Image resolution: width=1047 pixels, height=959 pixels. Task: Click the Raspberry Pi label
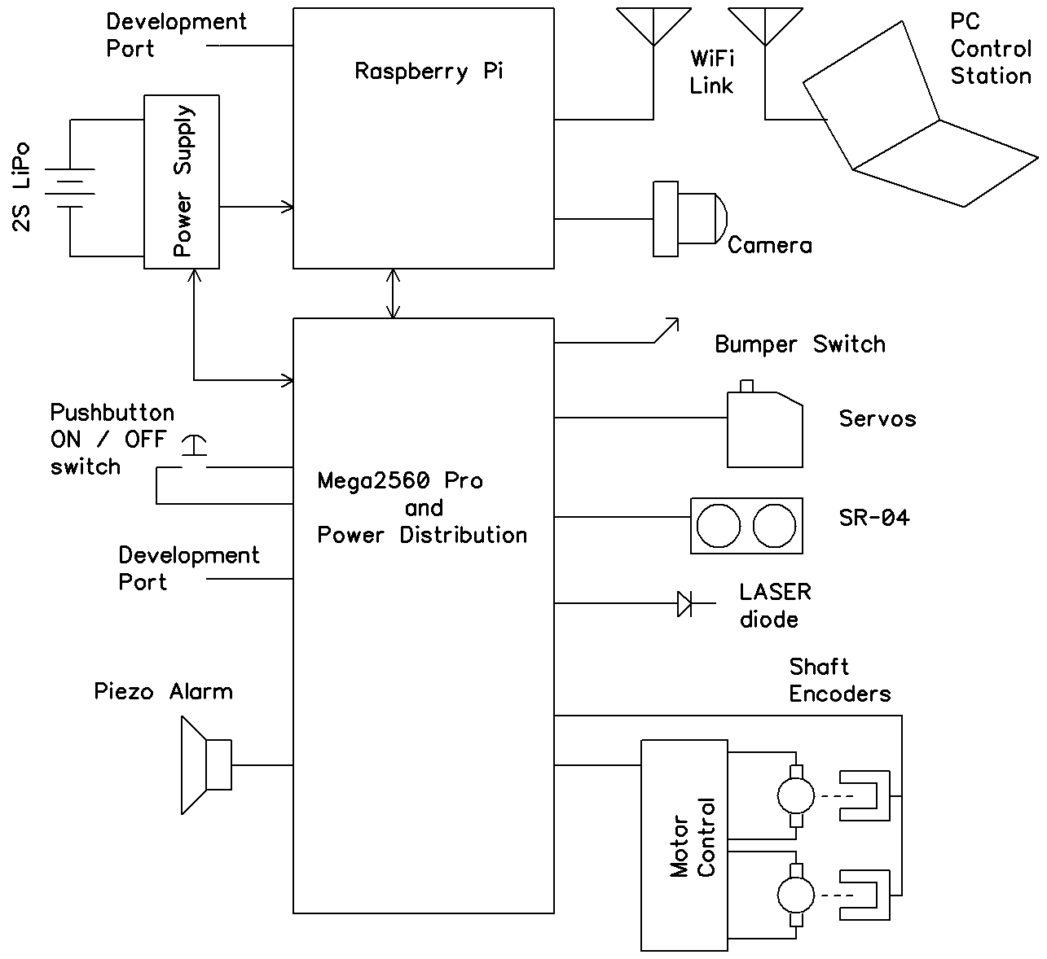click(429, 72)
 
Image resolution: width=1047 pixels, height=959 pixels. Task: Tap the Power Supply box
click(182, 182)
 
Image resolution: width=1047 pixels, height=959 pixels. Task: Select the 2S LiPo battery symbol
click(70, 188)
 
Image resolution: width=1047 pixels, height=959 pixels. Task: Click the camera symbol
click(688, 219)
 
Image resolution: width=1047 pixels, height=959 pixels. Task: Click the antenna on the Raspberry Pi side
click(653, 27)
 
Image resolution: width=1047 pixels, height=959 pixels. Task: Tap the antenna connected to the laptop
click(764, 27)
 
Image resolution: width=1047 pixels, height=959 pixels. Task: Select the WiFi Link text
click(711, 72)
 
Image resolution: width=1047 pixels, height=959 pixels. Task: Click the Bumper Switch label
click(799, 344)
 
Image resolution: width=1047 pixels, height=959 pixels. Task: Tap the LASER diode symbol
click(685, 604)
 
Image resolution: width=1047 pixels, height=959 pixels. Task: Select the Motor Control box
click(684, 845)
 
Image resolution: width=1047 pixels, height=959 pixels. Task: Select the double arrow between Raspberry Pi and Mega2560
click(394, 293)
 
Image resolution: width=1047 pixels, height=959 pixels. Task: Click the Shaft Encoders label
click(839, 681)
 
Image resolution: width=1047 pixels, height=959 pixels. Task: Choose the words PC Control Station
click(991, 49)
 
